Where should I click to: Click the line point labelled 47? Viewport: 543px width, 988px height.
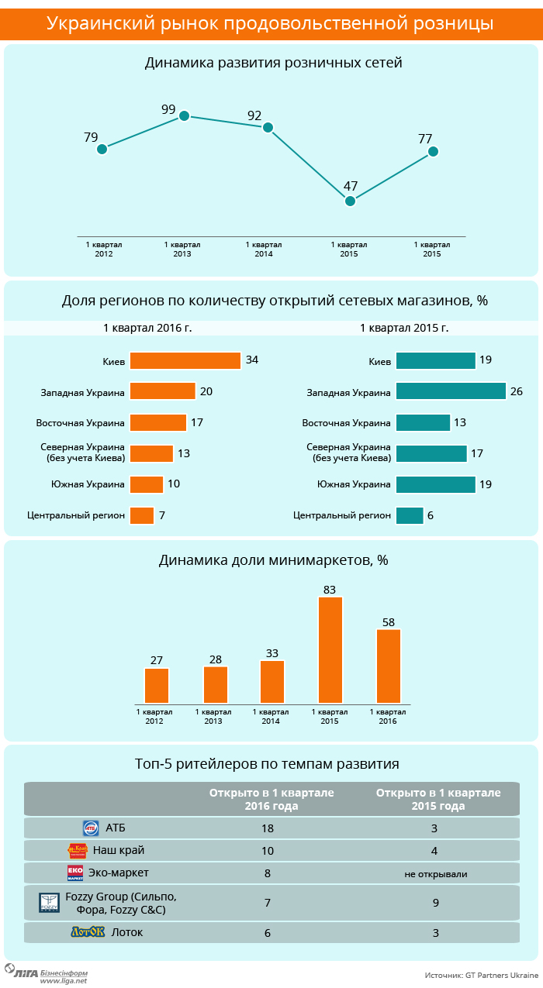pyautogui.click(x=350, y=201)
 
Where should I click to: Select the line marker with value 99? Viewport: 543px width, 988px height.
pyautogui.click(x=184, y=116)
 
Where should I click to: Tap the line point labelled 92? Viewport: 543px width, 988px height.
pyautogui.click(x=268, y=127)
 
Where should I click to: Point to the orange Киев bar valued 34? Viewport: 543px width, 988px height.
pyautogui.click(x=185, y=360)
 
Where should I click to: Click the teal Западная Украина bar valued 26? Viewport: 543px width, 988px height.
pyautogui.click(x=451, y=391)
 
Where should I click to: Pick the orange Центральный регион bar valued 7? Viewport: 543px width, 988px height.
pyautogui.click(x=142, y=515)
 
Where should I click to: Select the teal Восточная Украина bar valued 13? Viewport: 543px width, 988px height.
pyautogui.click(x=423, y=422)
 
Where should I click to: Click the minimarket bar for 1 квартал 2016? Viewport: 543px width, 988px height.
pyautogui.click(x=389, y=666)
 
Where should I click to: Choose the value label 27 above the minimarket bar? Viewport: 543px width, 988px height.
pyautogui.click(x=157, y=660)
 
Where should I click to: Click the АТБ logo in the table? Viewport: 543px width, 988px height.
pyautogui.click(x=91, y=828)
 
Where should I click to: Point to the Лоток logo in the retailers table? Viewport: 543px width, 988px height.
pyautogui.click(x=88, y=932)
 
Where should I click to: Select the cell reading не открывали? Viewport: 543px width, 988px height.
pyautogui.click(x=436, y=874)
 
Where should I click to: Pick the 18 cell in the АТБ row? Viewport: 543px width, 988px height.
pyautogui.click(x=268, y=828)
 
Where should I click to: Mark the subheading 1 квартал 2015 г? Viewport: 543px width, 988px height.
pyautogui.click(x=404, y=328)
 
